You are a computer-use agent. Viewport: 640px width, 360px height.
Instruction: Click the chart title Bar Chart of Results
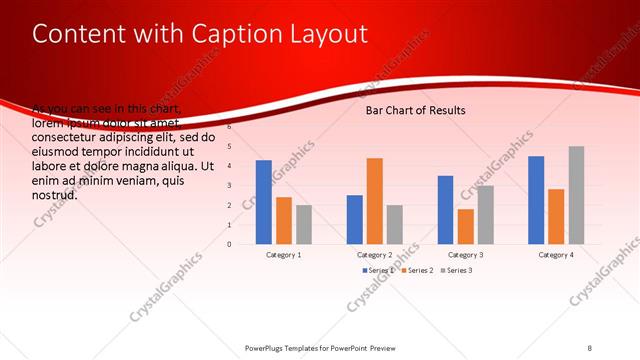click(x=415, y=110)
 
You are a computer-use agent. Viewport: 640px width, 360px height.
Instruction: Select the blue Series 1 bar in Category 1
click(x=264, y=202)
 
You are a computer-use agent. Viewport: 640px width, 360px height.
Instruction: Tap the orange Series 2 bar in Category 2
click(x=374, y=201)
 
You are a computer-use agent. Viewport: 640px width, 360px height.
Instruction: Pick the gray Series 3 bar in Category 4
click(x=576, y=195)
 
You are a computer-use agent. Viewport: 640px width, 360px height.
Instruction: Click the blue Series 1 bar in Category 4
click(x=536, y=200)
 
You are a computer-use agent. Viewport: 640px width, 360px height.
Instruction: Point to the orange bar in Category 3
click(x=465, y=226)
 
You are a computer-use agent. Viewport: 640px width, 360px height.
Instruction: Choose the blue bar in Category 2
click(x=355, y=219)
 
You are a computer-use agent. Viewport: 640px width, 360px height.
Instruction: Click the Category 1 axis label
click(x=284, y=255)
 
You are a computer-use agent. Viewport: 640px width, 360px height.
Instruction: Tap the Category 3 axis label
click(x=466, y=255)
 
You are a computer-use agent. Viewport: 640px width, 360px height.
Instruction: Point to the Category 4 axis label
click(x=556, y=255)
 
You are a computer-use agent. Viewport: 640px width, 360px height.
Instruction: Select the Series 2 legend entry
click(x=418, y=271)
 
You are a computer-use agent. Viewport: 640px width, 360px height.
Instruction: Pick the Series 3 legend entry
click(x=458, y=271)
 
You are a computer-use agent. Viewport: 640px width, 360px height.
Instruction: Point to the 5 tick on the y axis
click(x=229, y=147)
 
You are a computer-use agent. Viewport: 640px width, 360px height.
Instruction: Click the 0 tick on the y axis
click(x=229, y=244)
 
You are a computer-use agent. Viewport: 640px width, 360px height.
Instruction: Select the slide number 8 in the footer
click(x=590, y=347)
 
